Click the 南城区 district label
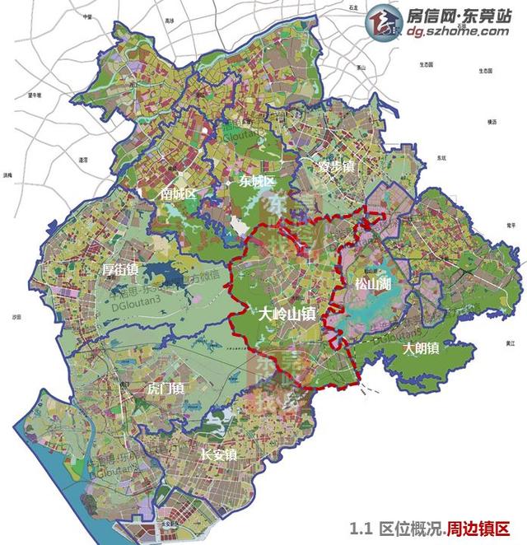click(x=178, y=194)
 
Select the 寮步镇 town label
click(x=336, y=166)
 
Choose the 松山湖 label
click(x=372, y=284)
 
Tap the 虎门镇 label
click(x=165, y=387)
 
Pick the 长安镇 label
click(x=218, y=454)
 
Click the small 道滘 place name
click(x=82, y=159)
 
